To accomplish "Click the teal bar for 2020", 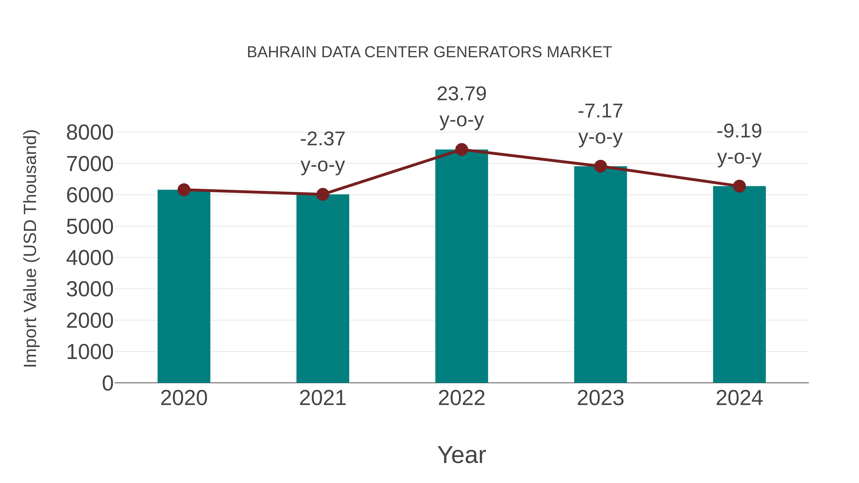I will pos(184,287).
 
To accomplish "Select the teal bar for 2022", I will pos(461,267).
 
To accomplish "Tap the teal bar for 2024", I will pos(739,285).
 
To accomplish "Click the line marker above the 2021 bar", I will pos(322,194).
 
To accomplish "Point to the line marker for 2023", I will pos(600,166).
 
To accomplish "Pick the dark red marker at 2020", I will pos(184,190).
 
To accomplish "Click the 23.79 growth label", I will pos(461,94).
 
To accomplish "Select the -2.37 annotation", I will pos(322,139).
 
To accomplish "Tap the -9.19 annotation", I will pos(739,131).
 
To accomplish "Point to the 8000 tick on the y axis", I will pos(90,133).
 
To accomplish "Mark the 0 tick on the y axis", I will pos(107,383).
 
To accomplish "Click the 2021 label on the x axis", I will pos(322,398).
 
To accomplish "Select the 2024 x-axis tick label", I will pos(739,398).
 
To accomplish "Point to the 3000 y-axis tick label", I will pos(90,289).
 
